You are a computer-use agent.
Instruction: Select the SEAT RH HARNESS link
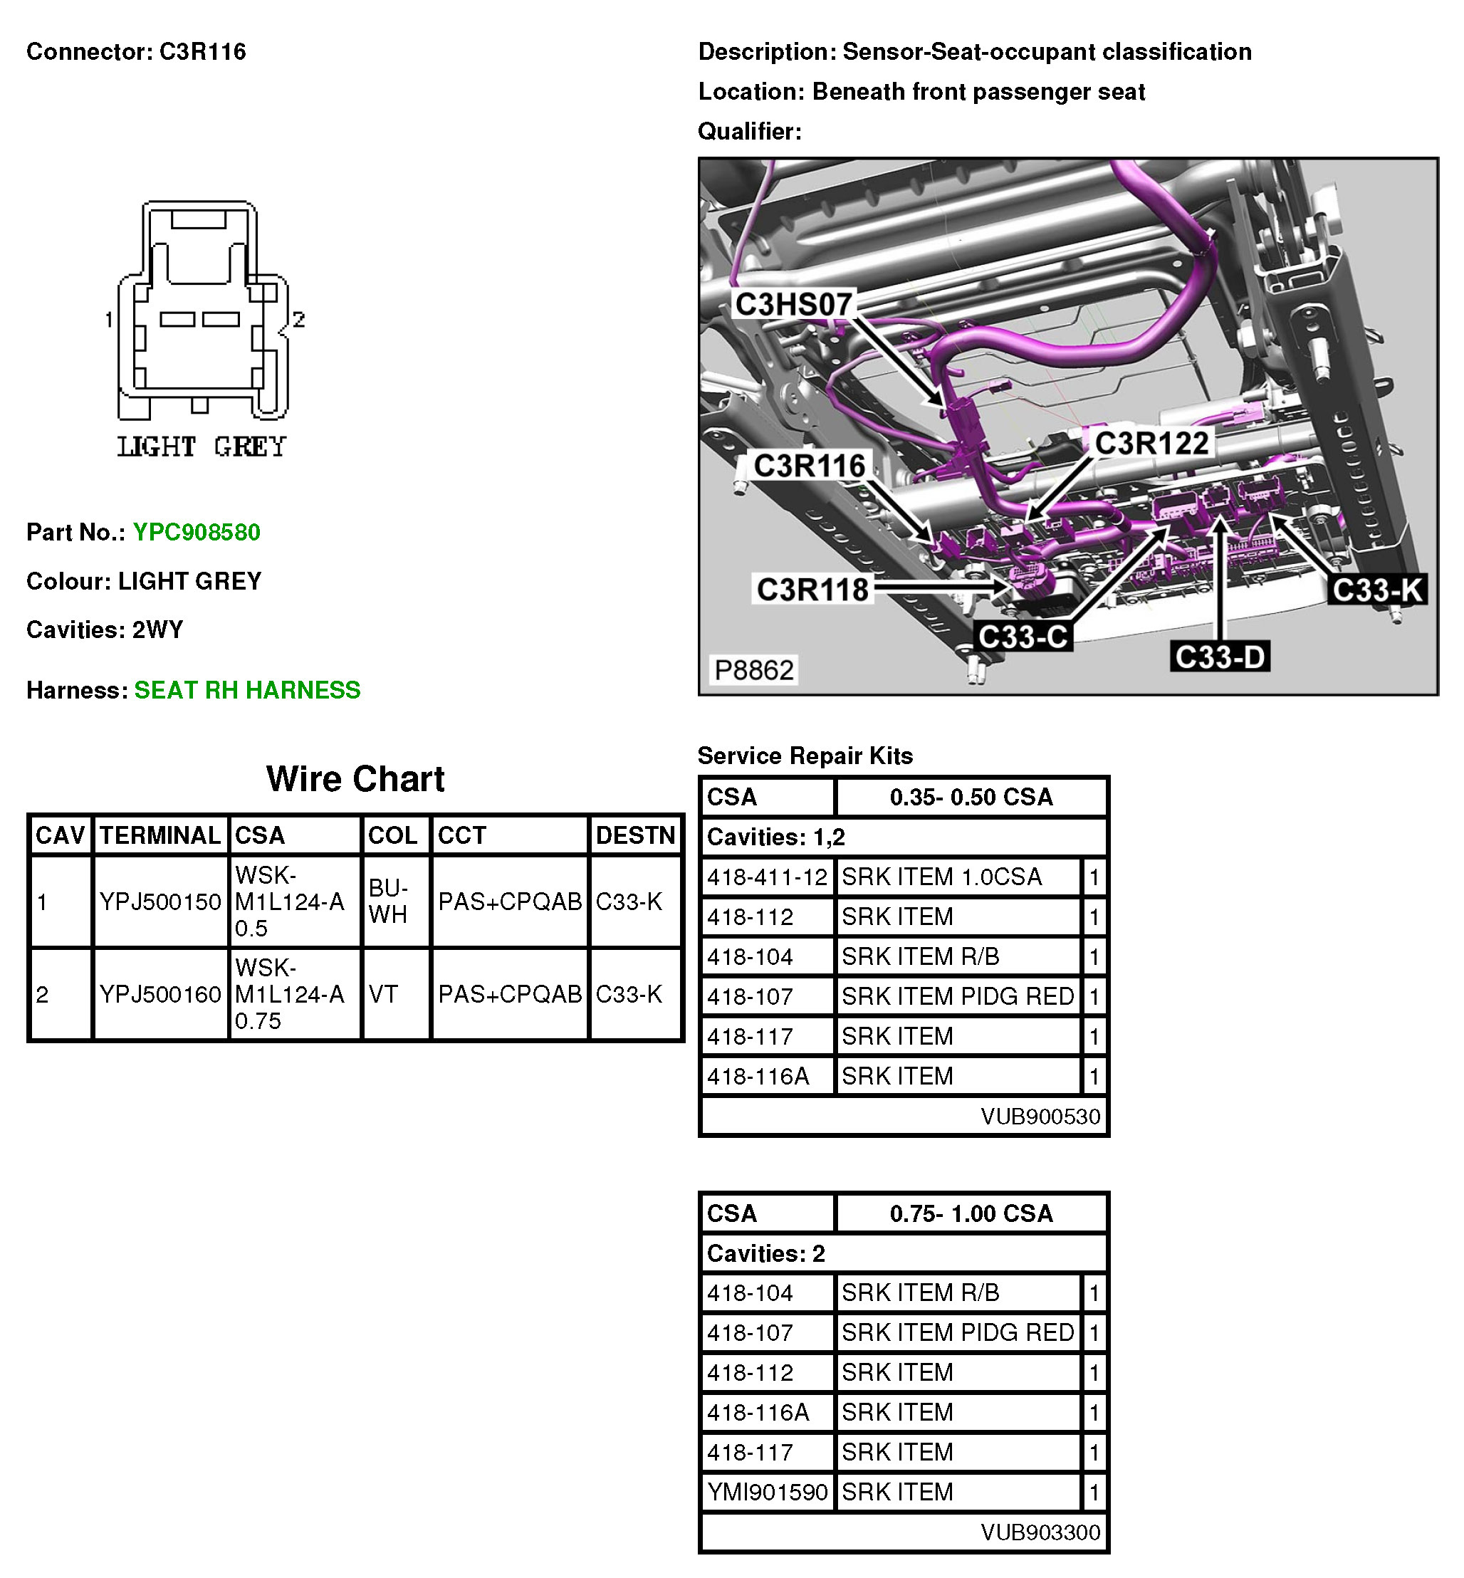click(x=246, y=690)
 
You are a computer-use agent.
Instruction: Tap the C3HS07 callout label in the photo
click(x=793, y=304)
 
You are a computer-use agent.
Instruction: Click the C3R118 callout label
click(x=812, y=590)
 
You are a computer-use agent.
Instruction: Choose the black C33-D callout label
click(x=1219, y=657)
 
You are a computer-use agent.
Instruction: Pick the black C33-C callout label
click(x=1023, y=637)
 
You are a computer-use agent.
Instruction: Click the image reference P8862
click(x=753, y=670)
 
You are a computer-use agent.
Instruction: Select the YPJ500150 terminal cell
click(x=160, y=902)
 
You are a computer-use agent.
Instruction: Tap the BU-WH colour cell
click(x=388, y=902)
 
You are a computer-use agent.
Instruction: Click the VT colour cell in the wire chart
click(x=383, y=994)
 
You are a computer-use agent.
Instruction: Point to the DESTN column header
click(x=635, y=835)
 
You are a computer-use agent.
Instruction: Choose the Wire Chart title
click(x=355, y=779)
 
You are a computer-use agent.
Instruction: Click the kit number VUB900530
click(x=1040, y=1116)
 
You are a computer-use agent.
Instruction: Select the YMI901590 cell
click(x=767, y=1492)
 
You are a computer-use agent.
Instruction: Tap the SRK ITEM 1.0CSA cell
click(x=941, y=877)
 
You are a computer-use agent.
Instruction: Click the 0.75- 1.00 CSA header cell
click(x=971, y=1213)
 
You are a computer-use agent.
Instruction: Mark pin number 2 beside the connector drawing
click(x=298, y=319)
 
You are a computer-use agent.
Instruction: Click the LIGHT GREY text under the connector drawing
click(x=202, y=446)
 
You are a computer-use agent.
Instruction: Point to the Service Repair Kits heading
click(x=805, y=756)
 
